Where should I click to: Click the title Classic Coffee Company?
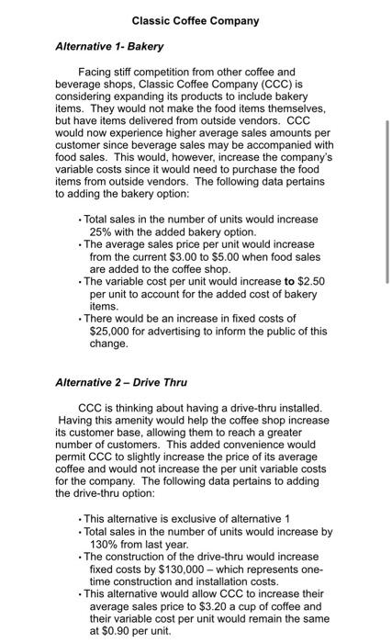click(196, 20)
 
